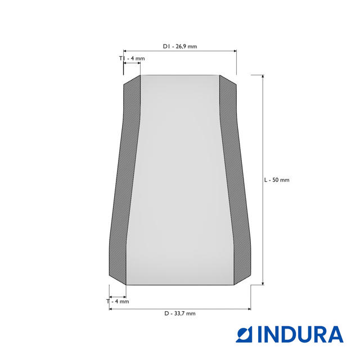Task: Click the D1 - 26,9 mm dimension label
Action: [180, 46]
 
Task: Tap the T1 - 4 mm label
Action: [132, 58]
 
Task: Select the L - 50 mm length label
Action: [277, 180]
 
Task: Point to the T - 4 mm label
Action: [118, 301]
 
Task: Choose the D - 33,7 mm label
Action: [180, 313]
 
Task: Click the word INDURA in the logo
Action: [300, 334]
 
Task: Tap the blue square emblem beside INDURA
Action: [244, 334]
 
